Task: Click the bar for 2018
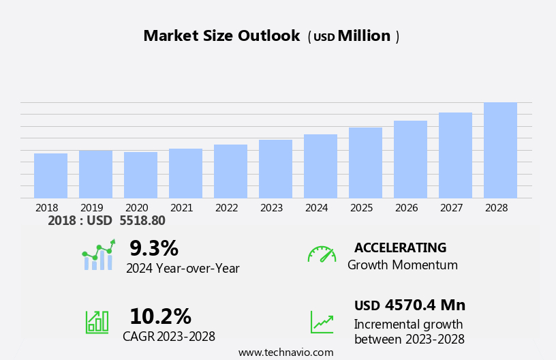pyautogui.click(x=50, y=175)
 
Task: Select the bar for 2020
pyautogui.click(x=140, y=175)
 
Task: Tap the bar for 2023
pyautogui.click(x=275, y=168)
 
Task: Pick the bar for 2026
pyautogui.click(x=410, y=159)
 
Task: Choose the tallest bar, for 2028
pyautogui.click(x=500, y=150)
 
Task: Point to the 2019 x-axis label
pyautogui.click(x=91, y=207)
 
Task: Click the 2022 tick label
pyautogui.click(x=226, y=207)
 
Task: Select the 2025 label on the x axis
pyautogui.click(x=361, y=207)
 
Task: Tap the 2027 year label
pyautogui.click(x=451, y=207)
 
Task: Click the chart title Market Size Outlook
pyautogui.click(x=221, y=36)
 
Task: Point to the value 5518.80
pyautogui.click(x=142, y=220)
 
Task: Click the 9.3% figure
pyautogui.click(x=153, y=248)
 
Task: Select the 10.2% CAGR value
pyautogui.click(x=160, y=316)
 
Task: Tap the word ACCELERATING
pyautogui.click(x=400, y=247)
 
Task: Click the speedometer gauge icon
pyautogui.click(x=322, y=254)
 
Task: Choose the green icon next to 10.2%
pyautogui.click(x=97, y=321)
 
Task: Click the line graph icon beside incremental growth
pyautogui.click(x=322, y=321)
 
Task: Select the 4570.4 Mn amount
pyautogui.click(x=424, y=305)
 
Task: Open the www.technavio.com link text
pyautogui.click(x=285, y=352)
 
